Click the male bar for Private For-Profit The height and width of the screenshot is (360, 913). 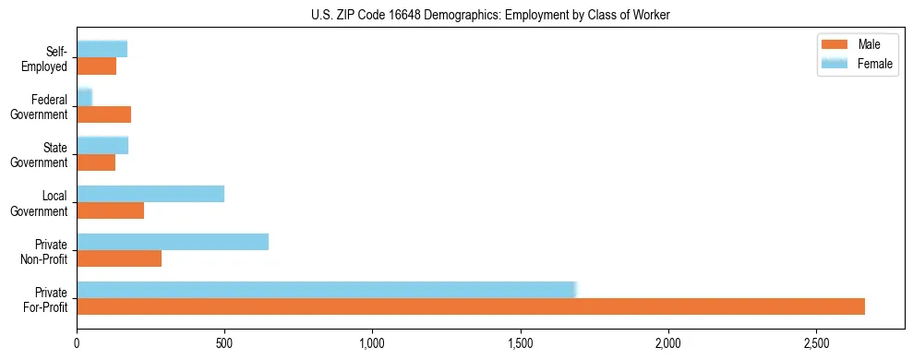pyautogui.click(x=471, y=306)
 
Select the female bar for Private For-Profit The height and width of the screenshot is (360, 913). pyautogui.click(x=327, y=290)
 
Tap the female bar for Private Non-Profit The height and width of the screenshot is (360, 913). pyautogui.click(x=173, y=242)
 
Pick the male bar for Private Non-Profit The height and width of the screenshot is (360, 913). pyautogui.click(x=119, y=258)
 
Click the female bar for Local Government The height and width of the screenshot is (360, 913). pyautogui.click(x=150, y=194)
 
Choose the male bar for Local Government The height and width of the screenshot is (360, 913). pyautogui.click(x=111, y=210)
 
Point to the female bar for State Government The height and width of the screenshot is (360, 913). pyautogui.click(x=102, y=146)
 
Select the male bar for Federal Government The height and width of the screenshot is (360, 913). pyautogui.click(x=104, y=114)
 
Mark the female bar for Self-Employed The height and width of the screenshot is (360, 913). pyautogui.click(x=102, y=49)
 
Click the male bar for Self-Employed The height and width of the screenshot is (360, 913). pyautogui.click(x=97, y=66)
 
